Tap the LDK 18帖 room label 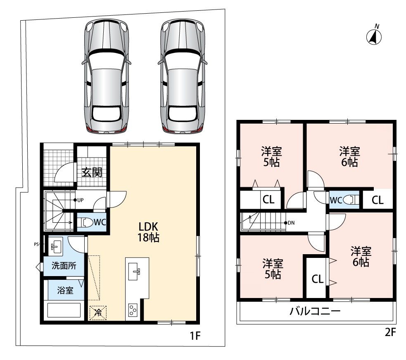148,232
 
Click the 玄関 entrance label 92,172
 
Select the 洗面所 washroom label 64,266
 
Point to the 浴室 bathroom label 65,290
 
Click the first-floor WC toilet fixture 87,222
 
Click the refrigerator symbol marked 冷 98,313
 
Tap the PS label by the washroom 36,244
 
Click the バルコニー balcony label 315,311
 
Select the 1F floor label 195,336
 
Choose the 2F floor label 390,332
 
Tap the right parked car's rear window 181,113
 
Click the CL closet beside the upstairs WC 378,200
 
